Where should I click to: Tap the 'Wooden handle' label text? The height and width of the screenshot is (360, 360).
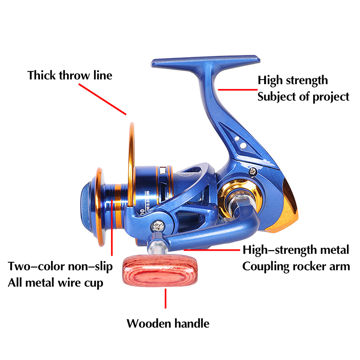167,323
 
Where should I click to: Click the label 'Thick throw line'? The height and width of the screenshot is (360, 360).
70,75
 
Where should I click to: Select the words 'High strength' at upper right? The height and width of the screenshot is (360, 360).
292,81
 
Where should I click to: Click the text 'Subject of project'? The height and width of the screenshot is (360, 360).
303,96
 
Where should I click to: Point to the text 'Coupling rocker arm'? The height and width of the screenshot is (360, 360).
296,266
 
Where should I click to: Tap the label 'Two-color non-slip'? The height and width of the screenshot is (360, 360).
60,266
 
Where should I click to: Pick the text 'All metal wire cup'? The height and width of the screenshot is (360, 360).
55,283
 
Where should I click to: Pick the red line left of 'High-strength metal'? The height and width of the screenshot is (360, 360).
211,248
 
